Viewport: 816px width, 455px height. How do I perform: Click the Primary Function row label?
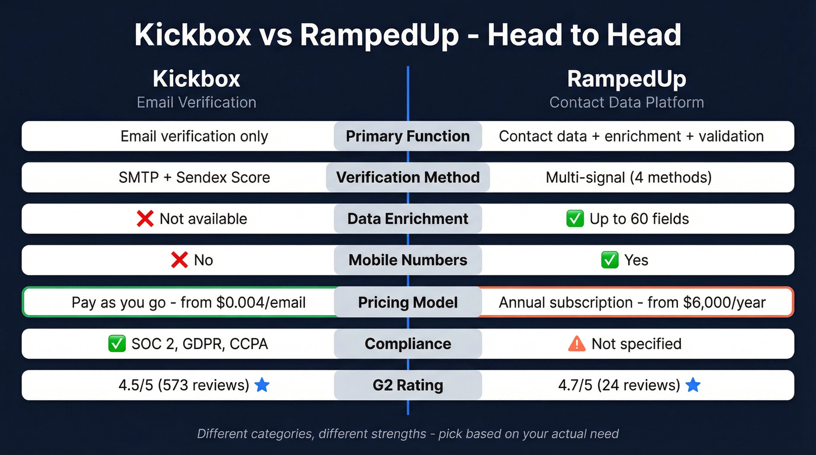click(407, 136)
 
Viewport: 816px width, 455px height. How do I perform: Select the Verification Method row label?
click(407, 177)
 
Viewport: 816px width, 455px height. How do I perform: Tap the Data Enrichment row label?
click(407, 218)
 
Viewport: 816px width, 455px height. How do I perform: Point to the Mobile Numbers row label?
click(407, 260)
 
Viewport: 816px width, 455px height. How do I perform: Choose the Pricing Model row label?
click(407, 302)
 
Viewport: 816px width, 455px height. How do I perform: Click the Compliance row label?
click(407, 344)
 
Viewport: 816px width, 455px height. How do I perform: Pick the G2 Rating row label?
click(407, 385)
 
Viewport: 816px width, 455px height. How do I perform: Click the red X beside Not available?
click(145, 218)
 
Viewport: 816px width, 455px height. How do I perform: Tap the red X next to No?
click(179, 260)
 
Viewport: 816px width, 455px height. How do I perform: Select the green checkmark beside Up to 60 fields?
click(575, 218)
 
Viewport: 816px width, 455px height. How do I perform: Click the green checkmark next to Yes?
click(610, 260)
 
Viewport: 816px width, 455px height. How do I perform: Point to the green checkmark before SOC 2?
click(117, 344)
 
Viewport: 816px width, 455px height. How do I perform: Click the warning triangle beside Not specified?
click(576, 344)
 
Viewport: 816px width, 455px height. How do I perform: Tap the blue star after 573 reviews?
click(262, 385)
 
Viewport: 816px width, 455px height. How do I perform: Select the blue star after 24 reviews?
click(693, 385)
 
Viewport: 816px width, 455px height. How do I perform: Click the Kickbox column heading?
click(196, 79)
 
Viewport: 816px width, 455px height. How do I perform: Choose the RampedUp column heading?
click(627, 79)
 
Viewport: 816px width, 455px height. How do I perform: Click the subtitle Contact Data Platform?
click(627, 103)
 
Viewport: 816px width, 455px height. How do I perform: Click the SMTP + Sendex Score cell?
click(194, 177)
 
